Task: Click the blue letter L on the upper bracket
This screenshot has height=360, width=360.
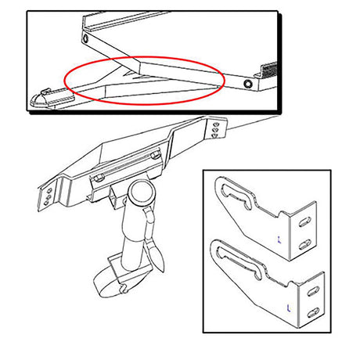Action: pos(281,237)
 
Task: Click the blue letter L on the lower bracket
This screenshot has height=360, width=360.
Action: pos(290,306)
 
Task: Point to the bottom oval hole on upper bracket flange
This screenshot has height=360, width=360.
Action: pos(306,242)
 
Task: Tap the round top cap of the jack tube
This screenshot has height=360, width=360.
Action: pos(143,193)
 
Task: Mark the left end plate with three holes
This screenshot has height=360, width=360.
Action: pos(49,196)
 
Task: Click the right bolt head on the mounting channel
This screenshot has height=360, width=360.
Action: pos(155,156)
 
